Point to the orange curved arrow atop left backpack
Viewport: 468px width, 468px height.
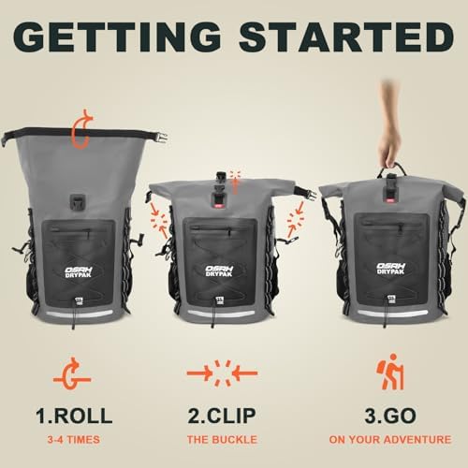pyautogui.click(x=82, y=129)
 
